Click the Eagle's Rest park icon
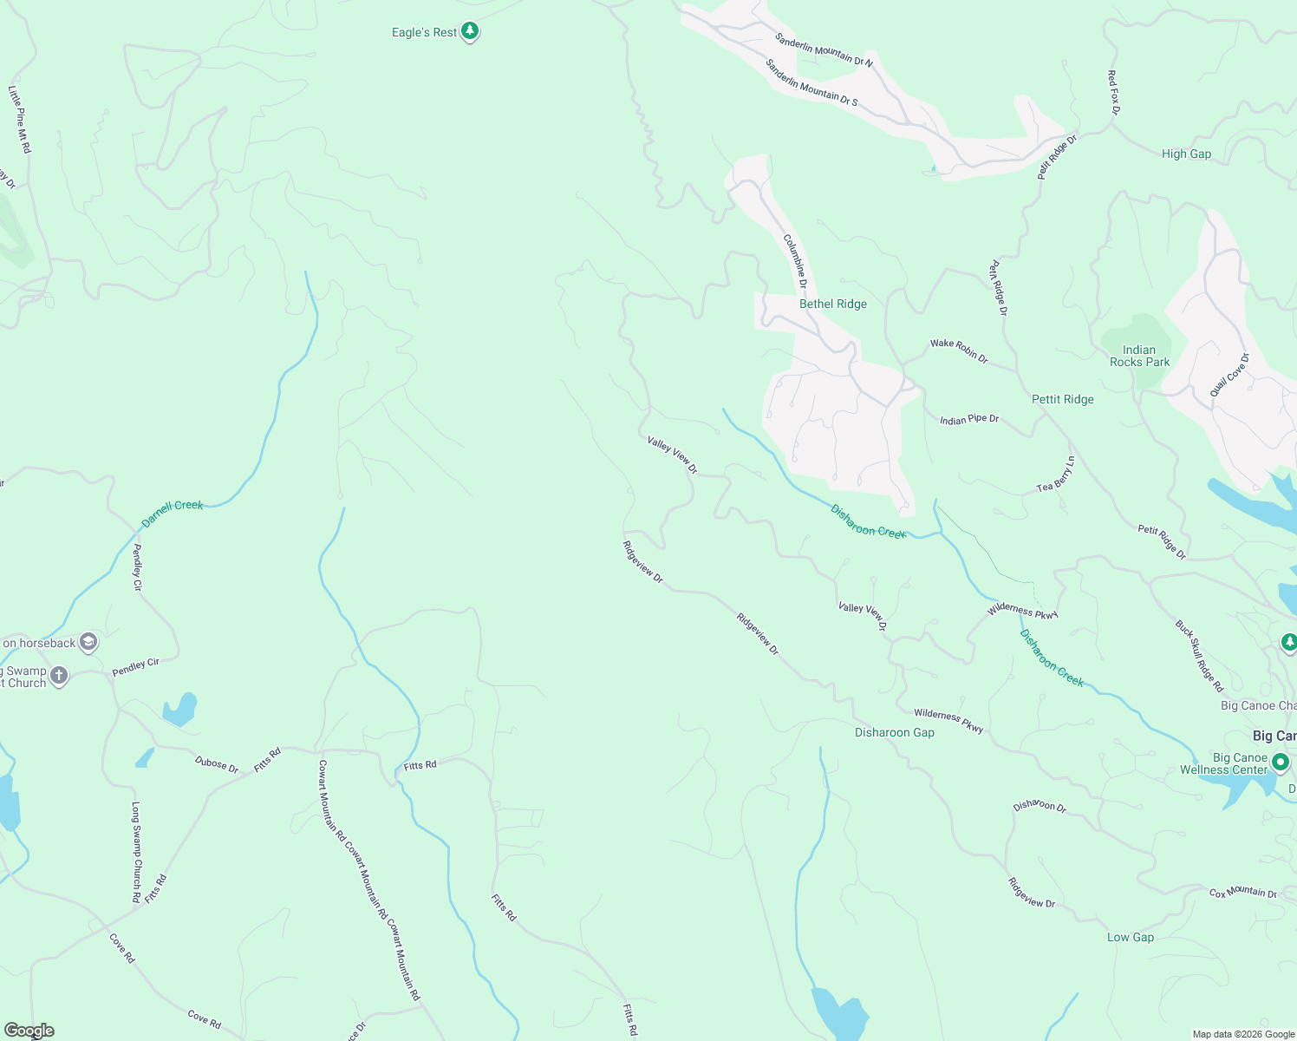470,32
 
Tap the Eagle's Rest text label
424,33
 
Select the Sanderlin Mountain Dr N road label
824,50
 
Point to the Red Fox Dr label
1114,93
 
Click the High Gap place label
1186,154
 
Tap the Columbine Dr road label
795,260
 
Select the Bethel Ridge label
832,304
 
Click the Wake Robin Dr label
958,350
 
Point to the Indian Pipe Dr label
969,420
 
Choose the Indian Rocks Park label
1139,357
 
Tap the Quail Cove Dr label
1230,375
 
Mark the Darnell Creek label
172,513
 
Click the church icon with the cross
59,676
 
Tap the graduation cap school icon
88,643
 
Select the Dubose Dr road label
216,764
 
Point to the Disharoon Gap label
894,733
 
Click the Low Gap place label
1130,938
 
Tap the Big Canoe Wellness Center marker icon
1280,762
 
